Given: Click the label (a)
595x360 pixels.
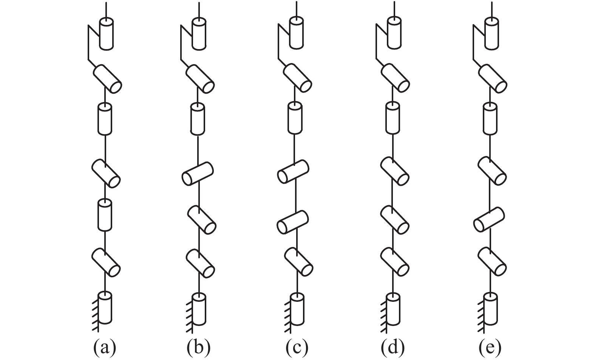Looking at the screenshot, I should point(105,347).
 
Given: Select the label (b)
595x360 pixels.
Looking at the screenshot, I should point(198,347).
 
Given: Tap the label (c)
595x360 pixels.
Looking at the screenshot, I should point(297,347).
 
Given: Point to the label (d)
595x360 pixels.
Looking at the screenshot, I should point(393,347).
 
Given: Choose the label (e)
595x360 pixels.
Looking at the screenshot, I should point(490,347).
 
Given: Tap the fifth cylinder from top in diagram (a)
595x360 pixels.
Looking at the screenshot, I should point(105,215).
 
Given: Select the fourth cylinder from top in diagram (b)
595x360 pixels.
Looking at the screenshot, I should point(198,173).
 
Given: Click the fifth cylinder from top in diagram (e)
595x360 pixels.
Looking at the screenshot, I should point(489,219).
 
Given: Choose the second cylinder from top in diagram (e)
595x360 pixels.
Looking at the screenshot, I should point(493,79).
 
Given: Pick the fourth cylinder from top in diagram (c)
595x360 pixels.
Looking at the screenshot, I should point(293,172).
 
